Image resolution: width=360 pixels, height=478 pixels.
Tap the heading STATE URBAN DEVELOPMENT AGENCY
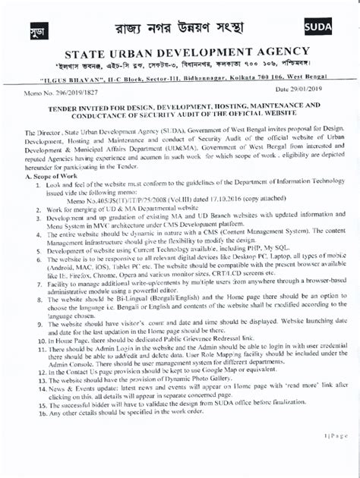[180, 55]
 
